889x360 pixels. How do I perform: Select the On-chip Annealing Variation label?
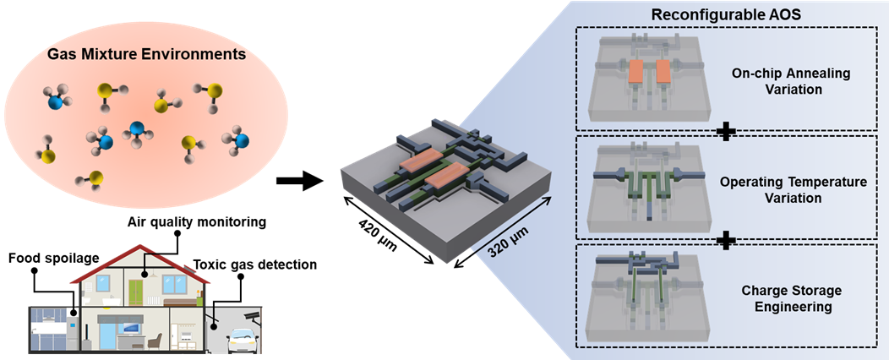(792, 81)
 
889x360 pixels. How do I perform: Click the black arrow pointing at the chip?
(301, 179)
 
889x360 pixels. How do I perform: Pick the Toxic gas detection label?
(265, 265)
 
